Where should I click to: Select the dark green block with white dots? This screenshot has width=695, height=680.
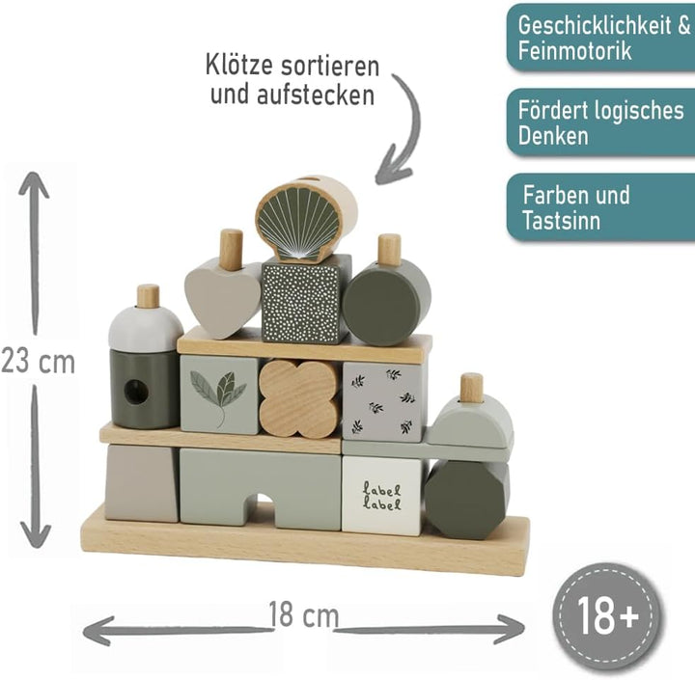[x=305, y=300]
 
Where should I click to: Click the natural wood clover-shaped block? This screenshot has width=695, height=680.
[x=299, y=398]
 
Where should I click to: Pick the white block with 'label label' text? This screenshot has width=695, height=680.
[x=383, y=495]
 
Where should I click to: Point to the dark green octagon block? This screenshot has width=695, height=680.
[x=467, y=499]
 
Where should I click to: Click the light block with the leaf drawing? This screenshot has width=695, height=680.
[x=219, y=394]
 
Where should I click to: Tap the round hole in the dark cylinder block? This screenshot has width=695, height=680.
[x=136, y=392]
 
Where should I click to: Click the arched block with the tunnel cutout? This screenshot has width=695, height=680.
[x=261, y=487]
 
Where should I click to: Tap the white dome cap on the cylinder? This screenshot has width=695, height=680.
[x=146, y=329]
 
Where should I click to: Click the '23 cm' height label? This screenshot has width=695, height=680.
[x=38, y=361]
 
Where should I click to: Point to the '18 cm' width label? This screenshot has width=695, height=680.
[x=304, y=614]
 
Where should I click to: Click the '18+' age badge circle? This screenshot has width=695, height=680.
[x=608, y=616]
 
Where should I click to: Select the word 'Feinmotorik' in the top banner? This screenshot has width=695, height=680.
[x=574, y=50]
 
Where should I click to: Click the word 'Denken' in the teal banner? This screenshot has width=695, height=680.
[x=553, y=135]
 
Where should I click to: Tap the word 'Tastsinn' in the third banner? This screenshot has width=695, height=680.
[x=561, y=220]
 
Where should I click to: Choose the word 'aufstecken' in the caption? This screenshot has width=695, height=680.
[x=316, y=95]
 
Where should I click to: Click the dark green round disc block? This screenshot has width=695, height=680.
[x=385, y=301]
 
